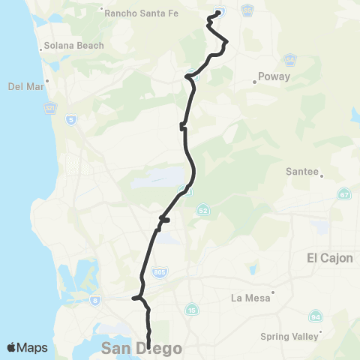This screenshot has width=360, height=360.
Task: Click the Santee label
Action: [303, 171]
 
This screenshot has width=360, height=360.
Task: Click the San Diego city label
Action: [132, 348]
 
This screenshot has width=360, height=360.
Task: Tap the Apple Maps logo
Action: [28, 348]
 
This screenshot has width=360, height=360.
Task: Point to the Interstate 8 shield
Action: [95, 300]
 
